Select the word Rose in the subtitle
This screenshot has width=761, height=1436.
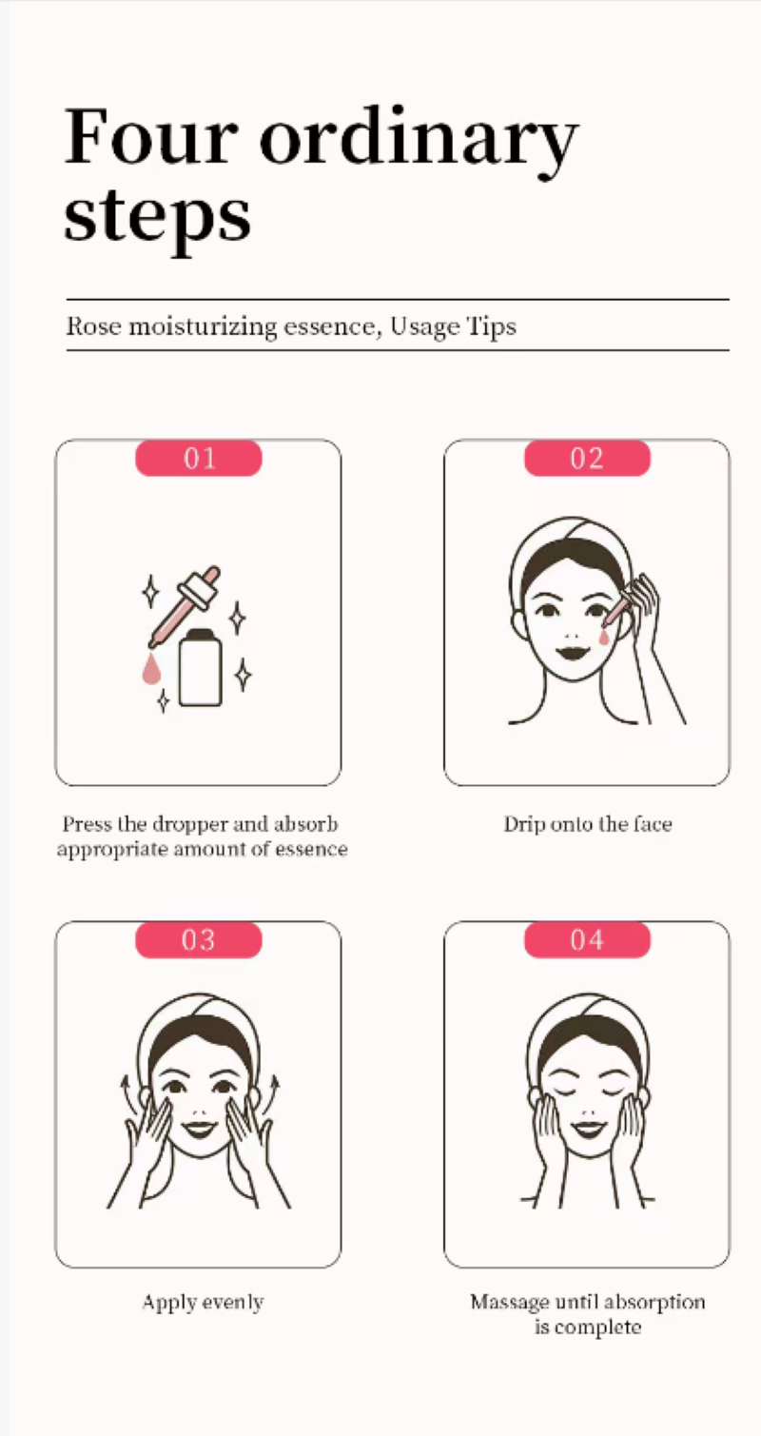point(93,326)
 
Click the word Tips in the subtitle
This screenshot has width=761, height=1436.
point(491,327)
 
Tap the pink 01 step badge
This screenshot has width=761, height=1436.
point(199,458)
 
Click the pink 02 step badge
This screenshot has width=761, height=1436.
point(587,458)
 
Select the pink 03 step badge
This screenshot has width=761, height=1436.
point(199,940)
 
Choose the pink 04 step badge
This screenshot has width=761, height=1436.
point(587,940)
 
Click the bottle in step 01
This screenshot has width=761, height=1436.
point(201,667)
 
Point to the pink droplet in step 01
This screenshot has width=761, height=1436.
point(151,669)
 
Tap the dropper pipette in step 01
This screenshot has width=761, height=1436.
point(185,606)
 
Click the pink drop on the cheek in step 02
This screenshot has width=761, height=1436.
point(604,636)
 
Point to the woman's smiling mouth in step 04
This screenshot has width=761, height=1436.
point(588,1130)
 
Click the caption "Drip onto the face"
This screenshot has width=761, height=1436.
point(588,824)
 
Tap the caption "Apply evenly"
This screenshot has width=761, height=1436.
point(203,1303)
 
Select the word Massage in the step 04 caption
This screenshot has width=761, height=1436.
point(510,1303)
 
